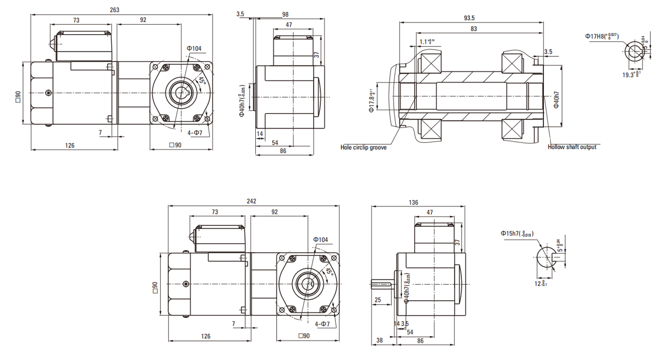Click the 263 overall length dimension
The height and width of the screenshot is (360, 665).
(115, 10)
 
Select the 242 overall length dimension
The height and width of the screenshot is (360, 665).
(251, 201)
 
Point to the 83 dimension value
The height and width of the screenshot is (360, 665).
(473, 29)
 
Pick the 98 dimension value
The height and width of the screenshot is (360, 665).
(286, 14)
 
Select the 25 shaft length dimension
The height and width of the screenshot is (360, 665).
(378, 300)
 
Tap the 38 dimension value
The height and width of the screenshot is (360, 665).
(379, 341)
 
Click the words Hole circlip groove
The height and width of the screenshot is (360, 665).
(363, 147)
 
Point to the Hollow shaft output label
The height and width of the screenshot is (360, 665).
(572, 147)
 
